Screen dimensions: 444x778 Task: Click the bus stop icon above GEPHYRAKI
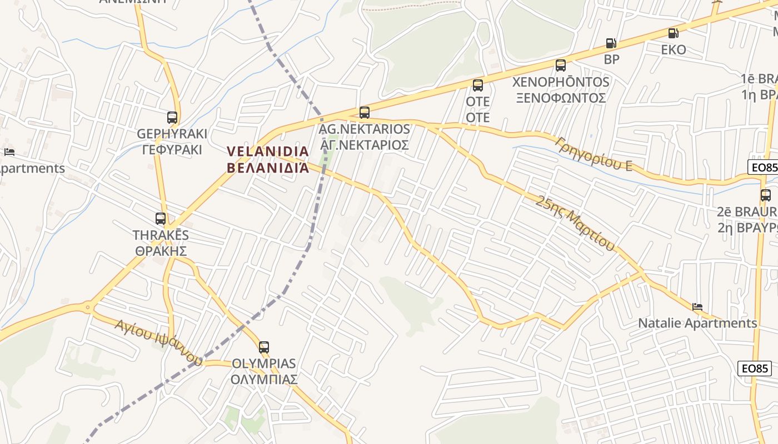point(172,118)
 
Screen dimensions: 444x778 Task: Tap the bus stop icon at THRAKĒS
point(161,219)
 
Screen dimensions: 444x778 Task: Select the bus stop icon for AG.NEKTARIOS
point(365,113)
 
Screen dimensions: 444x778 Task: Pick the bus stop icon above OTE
point(478,85)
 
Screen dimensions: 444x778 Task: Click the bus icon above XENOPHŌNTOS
point(561,65)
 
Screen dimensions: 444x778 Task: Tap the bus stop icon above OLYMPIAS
point(264,347)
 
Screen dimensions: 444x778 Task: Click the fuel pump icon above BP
point(611,43)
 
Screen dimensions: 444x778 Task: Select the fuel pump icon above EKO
point(673,33)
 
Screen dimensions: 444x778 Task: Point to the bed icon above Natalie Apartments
point(697,306)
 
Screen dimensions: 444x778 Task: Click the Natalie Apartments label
point(697,323)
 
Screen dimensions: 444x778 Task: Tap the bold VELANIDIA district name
point(268,152)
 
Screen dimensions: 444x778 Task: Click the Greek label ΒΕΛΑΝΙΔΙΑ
point(268,168)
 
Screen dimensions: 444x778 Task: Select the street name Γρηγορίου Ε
point(594,153)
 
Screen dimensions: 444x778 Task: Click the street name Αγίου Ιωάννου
point(158,342)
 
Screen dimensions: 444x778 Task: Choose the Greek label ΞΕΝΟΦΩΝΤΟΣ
point(561,98)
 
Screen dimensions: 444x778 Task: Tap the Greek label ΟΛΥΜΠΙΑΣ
point(264,380)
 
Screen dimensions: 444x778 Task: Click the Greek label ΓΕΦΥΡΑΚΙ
point(172,150)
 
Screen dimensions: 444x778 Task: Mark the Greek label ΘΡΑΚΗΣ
point(161,251)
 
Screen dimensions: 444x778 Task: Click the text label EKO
point(673,50)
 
